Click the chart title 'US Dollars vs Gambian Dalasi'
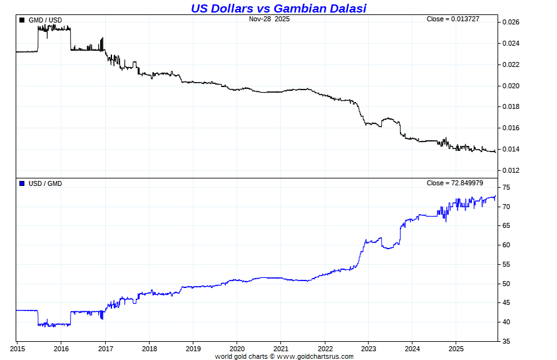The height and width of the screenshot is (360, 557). pyautogui.click(x=278, y=8)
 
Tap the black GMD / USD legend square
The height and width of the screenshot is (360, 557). pyautogui.click(x=23, y=20)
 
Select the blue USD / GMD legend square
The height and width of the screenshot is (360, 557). pyautogui.click(x=23, y=183)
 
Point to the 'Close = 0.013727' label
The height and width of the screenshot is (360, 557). pyautogui.click(x=452, y=19)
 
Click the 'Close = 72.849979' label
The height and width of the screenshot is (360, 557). pyautogui.click(x=454, y=183)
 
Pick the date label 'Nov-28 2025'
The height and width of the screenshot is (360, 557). pyautogui.click(x=269, y=19)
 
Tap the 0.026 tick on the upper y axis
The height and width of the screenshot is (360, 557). pyautogui.click(x=511, y=23)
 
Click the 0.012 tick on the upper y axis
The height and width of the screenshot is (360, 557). pyautogui.click(x=511, y=170)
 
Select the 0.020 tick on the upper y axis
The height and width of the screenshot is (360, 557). pyautogui.click(x=511, y=86)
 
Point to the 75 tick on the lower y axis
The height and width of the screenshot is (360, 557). pyautogui.click(x=506, y=188)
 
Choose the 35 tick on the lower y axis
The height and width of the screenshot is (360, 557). pyautogui.click(x=506, y=342)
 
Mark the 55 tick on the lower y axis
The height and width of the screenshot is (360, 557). pyautogui.click(x=506, y=265)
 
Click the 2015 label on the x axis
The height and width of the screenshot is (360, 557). pyautogui.click(x=18, y=348)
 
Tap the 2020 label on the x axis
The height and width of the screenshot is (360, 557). pyautogui.click(x=237, y=348)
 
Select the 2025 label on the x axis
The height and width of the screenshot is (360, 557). pyautogui.click(x=456, y=348)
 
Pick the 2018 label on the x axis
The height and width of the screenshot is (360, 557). pyautogui.click(x=149, y=348)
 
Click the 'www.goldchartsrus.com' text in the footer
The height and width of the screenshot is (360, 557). pyautogui.click(x=315, y=356)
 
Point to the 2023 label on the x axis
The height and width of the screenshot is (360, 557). pyautogui.click(x=369, y=348)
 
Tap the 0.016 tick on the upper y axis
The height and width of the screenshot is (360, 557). pyautogui.click(x=511, y=128)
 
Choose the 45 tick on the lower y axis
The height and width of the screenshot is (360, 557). pyautogui.click(x=506, y=303)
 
